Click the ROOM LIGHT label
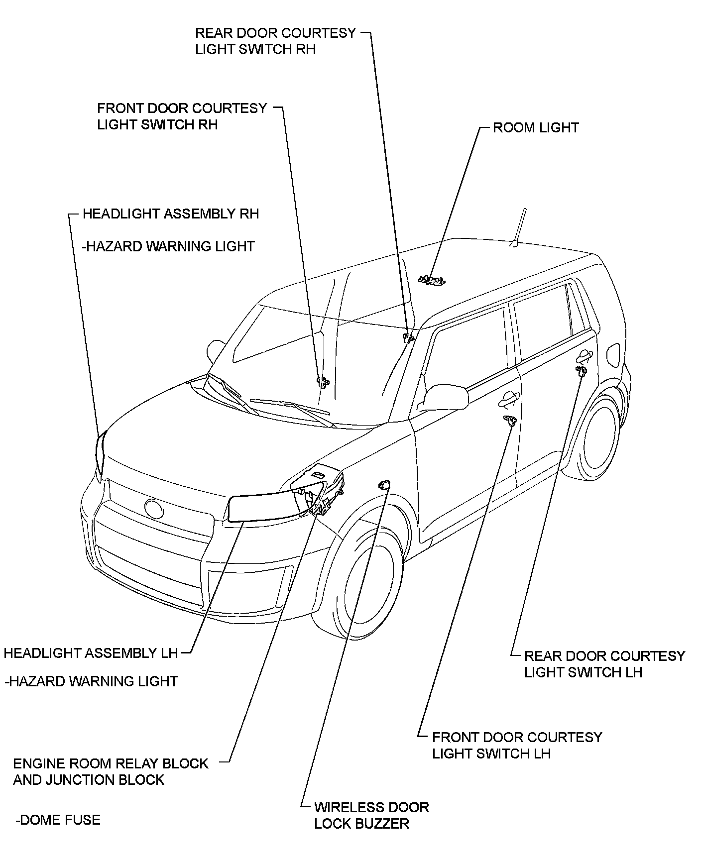tap(536, 127)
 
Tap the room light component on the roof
tap(432, 280)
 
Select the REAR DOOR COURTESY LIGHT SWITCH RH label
tap(275, 41)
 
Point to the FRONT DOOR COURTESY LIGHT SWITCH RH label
tap(182, 116)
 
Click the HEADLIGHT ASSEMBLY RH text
tap(171, 214)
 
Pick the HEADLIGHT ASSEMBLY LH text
tap(91, 652)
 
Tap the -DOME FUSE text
tap(58, 820)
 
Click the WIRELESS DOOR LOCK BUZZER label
tap(371, 815)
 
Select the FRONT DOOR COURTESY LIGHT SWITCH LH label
tap(517, 745)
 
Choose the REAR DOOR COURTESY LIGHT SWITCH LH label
tap(604, 664)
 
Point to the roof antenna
tap(518, 227)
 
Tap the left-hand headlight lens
tap(264, 506)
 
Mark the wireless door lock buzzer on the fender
tap(384, 484)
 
